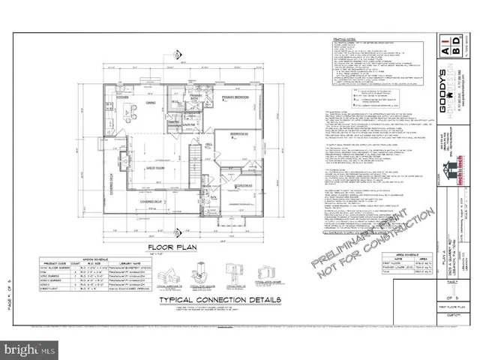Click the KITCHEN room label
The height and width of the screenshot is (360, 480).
pos(123,97)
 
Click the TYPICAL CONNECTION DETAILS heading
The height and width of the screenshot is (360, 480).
pos(220,300)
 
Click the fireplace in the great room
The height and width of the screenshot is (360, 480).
pos(124,160)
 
